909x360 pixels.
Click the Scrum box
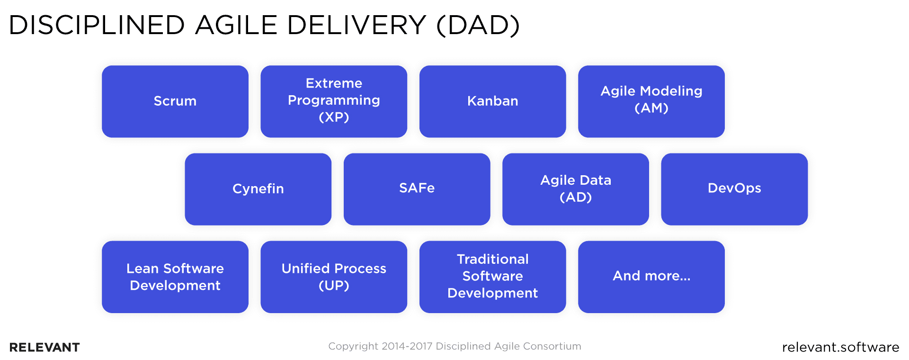coord(175,101)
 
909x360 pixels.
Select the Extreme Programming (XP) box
coord(334,101)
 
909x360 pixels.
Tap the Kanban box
coord(492,101)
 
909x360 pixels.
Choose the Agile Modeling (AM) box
coord(651,101)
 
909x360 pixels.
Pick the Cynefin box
coord(258,189)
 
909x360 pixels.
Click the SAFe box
coord(417,189)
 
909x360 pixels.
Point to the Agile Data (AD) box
coord(575,189)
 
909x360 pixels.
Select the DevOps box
coord(734,189)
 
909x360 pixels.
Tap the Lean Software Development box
coord(175,277)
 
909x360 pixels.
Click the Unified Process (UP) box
coord(334,277)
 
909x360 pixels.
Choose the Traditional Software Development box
coord(492,277)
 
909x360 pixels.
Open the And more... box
coord(651,277)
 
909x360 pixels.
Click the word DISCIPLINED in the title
coord(97,25)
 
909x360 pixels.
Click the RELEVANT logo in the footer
coord(45,347)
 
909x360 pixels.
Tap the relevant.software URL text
coord(840,347)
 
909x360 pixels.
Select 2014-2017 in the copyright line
coord(407,346)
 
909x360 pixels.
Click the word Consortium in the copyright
coord(553,346)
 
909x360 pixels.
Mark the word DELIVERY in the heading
coord(356,25)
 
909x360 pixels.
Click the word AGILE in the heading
coord(236,25)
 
